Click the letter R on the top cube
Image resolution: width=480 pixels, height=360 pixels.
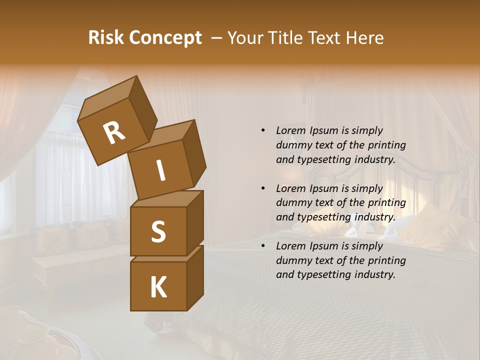114,133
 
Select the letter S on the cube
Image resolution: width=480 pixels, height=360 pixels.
158,231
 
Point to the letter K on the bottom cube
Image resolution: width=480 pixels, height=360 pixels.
158,287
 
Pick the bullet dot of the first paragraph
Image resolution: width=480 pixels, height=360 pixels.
263,130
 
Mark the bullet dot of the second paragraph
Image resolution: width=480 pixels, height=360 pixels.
263,188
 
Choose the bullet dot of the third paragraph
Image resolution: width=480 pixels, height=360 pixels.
263,246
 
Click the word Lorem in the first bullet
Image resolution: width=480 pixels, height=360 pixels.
291,130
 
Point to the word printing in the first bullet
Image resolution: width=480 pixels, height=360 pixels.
387,145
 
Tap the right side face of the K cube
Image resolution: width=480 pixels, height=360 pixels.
195,277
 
